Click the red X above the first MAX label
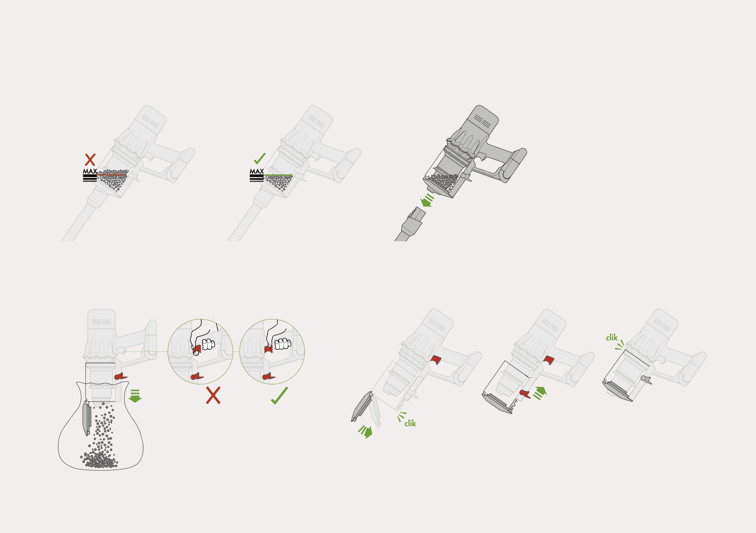(x=90, y=160)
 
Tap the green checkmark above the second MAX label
(x=260, y=158)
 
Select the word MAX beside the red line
(x=90, y=171)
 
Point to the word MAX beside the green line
(x=257, y=171)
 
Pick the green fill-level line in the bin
(x=278, y=175)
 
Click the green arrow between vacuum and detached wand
(x=427, y=200)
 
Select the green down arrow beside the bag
(x=135, y=396)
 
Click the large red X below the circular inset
(x=213, y=396)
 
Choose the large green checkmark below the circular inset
(x=280, y=396)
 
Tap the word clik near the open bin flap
(x=410, y=424)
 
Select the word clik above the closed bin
(x=612, y=337)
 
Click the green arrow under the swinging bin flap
(x=366, y=432)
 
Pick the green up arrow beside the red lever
(x=540, y=393)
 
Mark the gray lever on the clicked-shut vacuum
(x=646, y=380)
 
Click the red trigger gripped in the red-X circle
(x=197, y=350)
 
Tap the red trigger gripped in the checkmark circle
(x=268, y=349)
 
